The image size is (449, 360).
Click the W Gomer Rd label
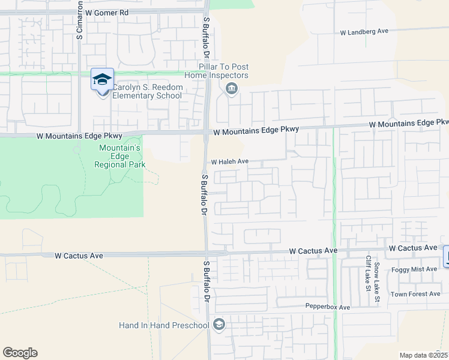click(x=107, y=12)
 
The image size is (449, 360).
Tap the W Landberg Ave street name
click(x=365, y=32)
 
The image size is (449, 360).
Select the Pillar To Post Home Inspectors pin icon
click(x=232, y=89)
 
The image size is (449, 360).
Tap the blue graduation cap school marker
click(x=102, y=79)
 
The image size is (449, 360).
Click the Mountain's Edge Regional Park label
click(x=120, y=156)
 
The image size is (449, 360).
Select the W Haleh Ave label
click(x=229, y=161)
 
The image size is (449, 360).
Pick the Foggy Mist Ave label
click(x=414, y=269)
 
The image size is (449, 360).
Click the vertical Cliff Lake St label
click(x=368, y=273)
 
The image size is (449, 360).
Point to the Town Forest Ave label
click(x=416, y=294)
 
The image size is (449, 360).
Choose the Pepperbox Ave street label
click(x=328, y=307)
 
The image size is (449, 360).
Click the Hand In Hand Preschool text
click(x=164, y=326)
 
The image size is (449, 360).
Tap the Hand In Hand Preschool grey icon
click(x=219, y=325)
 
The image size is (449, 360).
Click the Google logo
click(x=20, y=353)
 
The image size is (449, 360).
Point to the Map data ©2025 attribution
click(x=424, y=355)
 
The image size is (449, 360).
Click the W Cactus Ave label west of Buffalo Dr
click(x=79, y=256)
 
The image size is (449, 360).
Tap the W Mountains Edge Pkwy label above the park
click(x=80, y=136)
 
